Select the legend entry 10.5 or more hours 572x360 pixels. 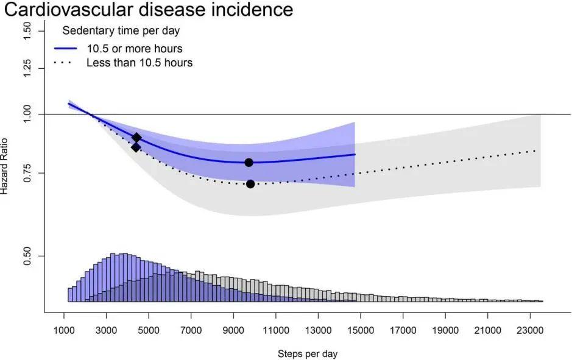point(135,48)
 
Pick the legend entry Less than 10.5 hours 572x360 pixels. point(139,63)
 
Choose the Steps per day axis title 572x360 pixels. point(308,354)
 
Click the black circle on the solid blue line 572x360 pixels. point(249,162)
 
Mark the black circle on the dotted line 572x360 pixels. point(250,184)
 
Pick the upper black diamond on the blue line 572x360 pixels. point(137,138)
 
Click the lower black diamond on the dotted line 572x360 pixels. point(136,147)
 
